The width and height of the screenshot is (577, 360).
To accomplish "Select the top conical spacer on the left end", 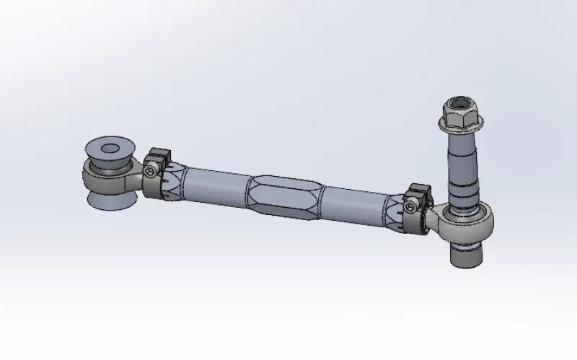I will (x=109, y=152).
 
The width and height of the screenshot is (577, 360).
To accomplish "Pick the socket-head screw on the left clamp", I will (x=150, y=171).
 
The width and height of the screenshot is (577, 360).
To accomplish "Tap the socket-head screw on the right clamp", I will (x=412, y=208).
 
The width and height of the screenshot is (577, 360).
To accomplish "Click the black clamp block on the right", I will (x=419, y=193).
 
